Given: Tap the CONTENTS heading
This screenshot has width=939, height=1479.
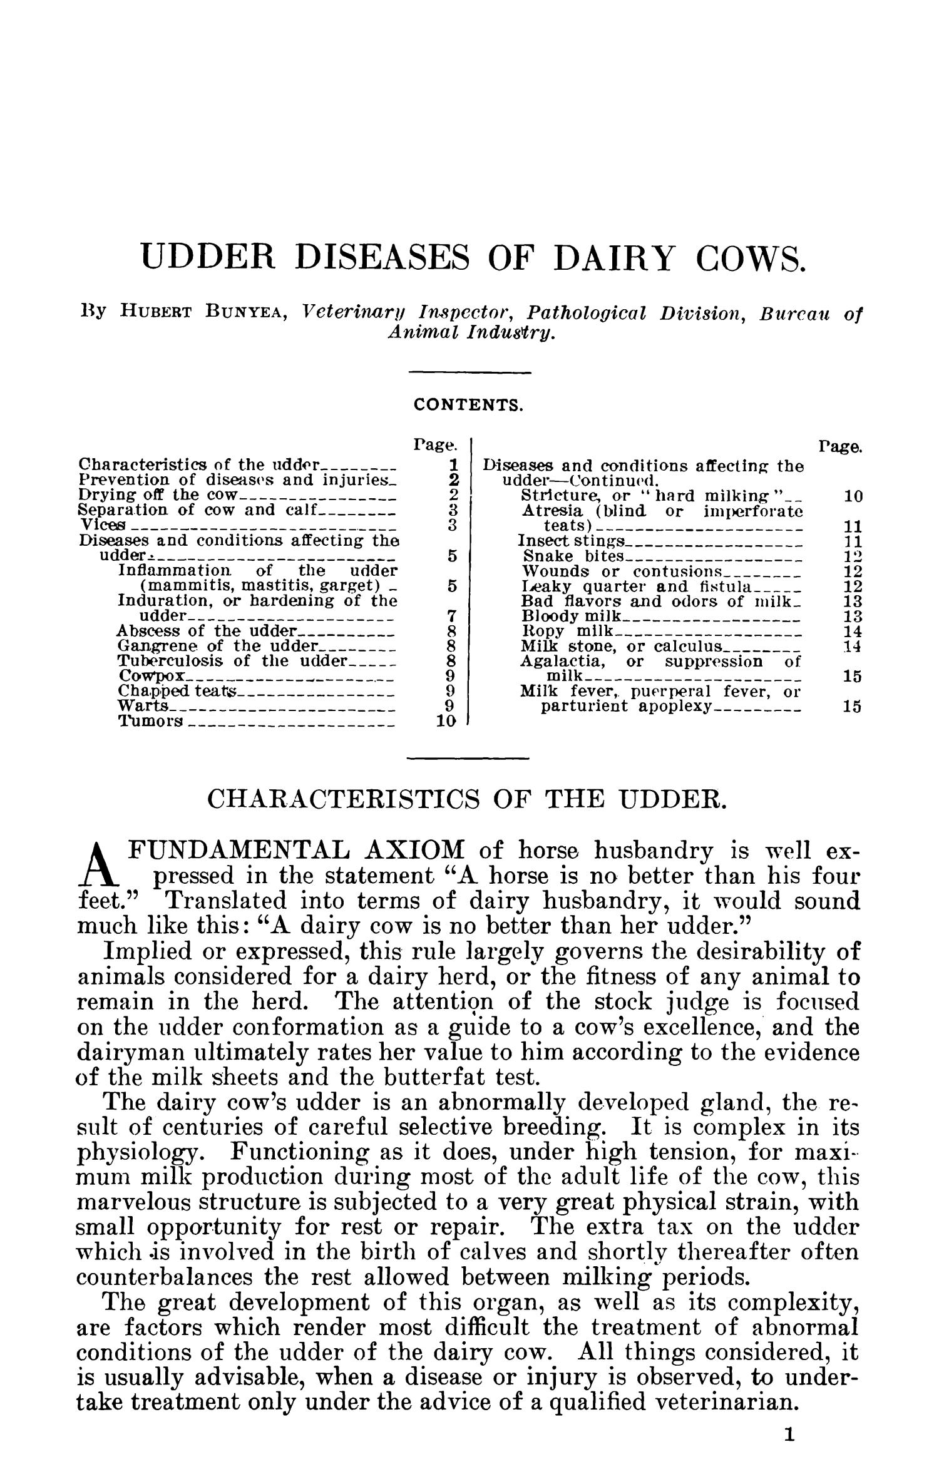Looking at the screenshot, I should click(x=468, y=405).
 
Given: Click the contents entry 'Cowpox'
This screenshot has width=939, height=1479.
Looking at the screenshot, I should click(x=151, y=677).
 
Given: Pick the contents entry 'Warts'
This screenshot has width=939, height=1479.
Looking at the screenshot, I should click(x=143, y=707).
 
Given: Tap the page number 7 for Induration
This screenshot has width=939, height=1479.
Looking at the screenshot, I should click(x=456, y=616).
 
